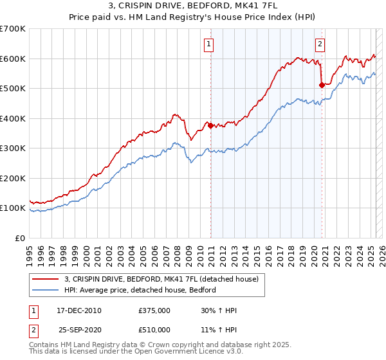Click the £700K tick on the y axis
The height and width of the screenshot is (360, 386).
coord(13,29)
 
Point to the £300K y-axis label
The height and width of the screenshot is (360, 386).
coord(13,148)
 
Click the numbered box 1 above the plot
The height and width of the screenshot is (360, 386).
coord(210,44)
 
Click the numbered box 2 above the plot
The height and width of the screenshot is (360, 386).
coord(320,44)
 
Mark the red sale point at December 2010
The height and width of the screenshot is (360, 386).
coord(210,125)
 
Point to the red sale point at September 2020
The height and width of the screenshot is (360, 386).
coord(321,84)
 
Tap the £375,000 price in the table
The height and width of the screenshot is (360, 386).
coord(154,310)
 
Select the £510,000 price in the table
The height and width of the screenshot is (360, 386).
coord(154,330)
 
